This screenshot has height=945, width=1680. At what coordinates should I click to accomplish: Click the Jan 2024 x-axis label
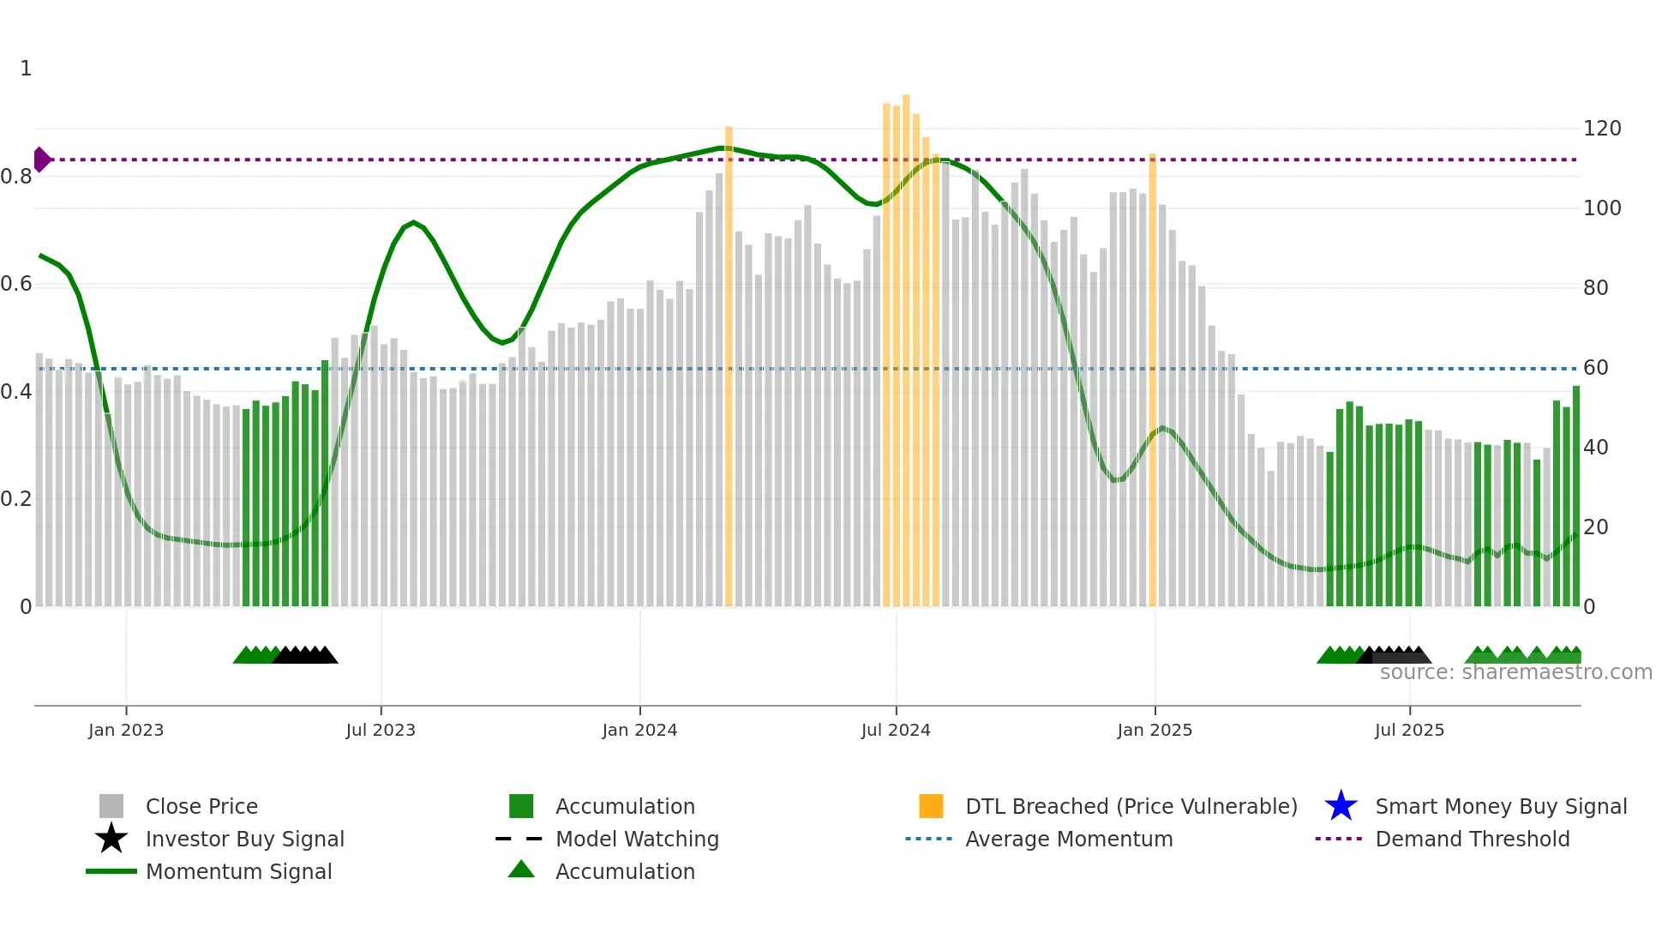639,730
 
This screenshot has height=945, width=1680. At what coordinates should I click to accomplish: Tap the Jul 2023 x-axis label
381,730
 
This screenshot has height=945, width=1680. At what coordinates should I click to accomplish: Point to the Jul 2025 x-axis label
1409,730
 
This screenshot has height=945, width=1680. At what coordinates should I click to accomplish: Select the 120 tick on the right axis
1601,129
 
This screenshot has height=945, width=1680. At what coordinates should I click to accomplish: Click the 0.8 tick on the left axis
17,177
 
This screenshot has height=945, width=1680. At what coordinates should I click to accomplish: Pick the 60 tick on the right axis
1595,368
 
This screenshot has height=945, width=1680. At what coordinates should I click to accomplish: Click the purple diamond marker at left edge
41,160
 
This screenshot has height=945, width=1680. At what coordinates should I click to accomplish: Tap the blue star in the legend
1341,806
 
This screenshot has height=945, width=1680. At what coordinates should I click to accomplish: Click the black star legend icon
111,839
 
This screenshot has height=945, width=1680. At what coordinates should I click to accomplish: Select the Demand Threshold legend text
1472,839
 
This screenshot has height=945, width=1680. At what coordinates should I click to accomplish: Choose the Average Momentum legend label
1068,839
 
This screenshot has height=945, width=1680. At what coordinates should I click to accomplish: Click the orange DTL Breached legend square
931,806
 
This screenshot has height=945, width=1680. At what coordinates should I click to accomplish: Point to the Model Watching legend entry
636,839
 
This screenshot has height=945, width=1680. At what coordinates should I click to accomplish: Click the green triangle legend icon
521,870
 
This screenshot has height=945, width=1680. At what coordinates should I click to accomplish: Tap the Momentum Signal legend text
238,871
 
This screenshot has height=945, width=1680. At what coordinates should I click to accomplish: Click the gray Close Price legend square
111,806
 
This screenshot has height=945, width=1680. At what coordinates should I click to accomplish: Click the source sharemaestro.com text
1515,672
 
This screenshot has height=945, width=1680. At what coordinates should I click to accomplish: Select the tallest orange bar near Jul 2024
906,343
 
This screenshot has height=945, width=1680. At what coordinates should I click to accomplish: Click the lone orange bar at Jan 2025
1152,377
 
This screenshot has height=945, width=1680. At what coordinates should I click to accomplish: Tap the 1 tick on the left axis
26,69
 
